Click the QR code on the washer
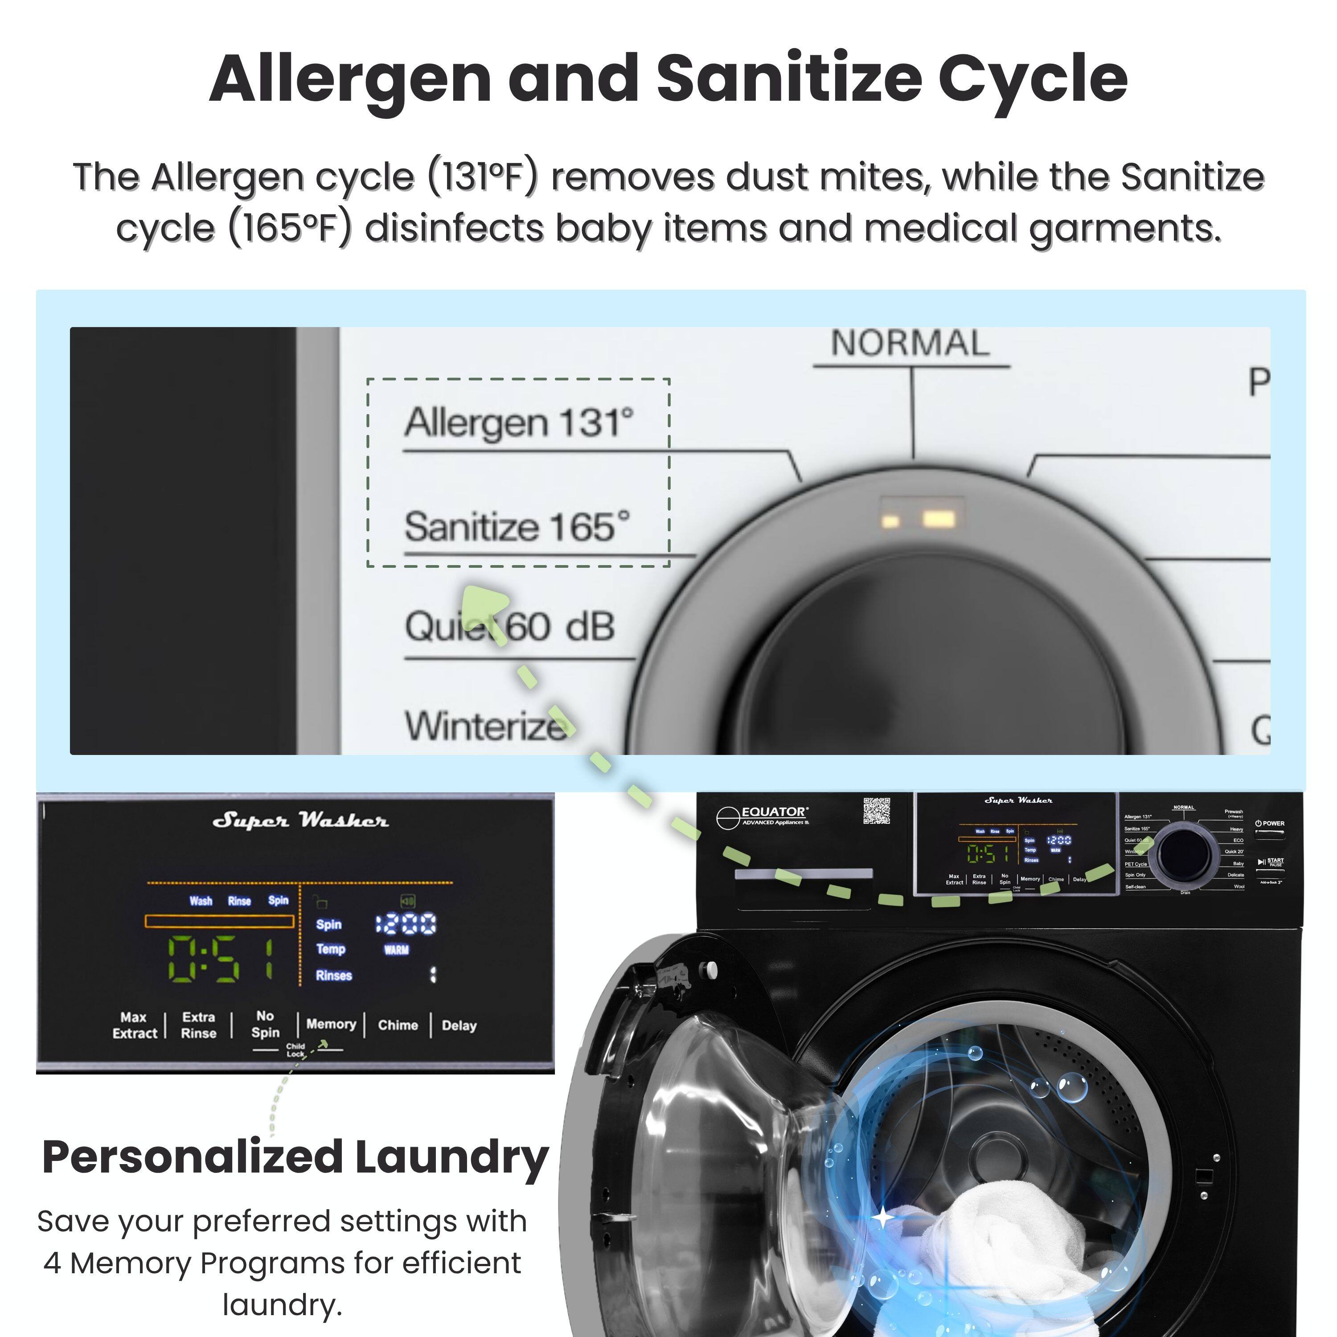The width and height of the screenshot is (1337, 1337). pos(876,810)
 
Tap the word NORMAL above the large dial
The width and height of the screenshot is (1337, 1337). pos(910,343)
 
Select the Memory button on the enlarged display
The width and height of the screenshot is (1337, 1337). pos(331,1024)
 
